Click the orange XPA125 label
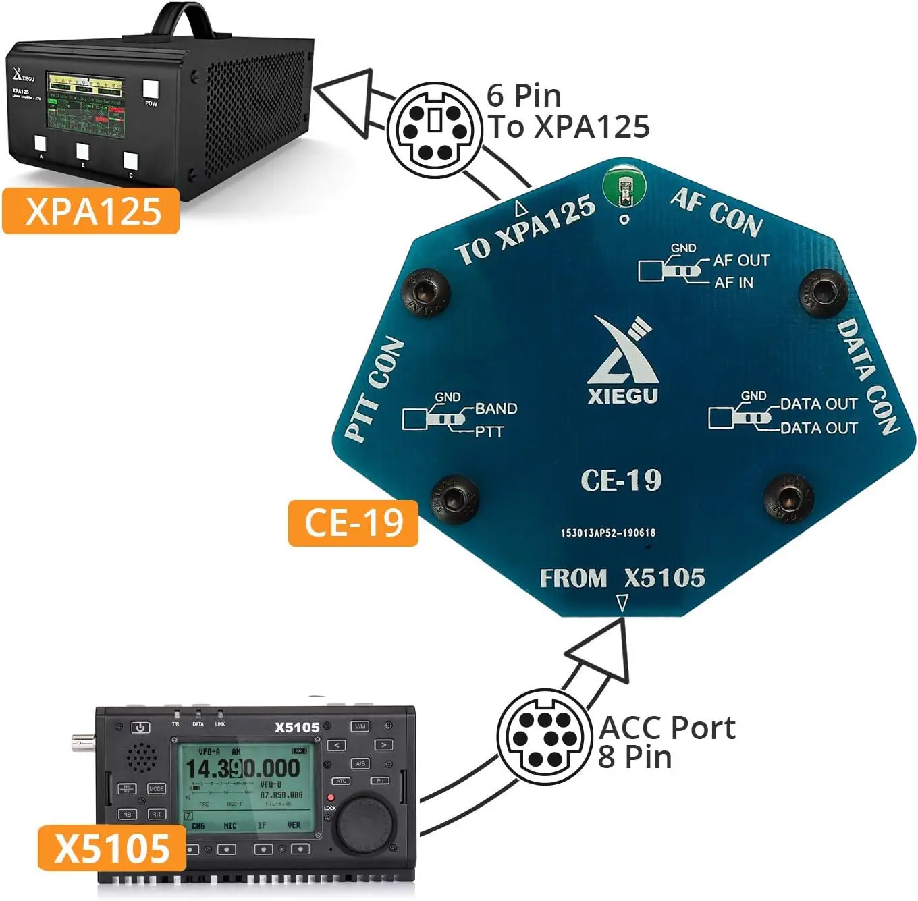pyautogui.click(x=90, y=211)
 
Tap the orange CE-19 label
pyautogui.click(x=353, y=522)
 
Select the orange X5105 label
pyautogui.click(x=111, y=848)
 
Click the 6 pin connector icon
pyautogui.click(x=434, y=130)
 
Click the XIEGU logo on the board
pyautogui.click(x=622, y=361)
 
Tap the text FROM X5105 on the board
pyautogui.click(x=622, y=578)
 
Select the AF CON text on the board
pyautogui.click(x=717, y=212)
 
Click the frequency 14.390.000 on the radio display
pyautogui.click(x=242, y=768)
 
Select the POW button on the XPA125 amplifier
pyautogui.click(x=151, y=90)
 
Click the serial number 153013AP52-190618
pyautogui.click(x=607, y=533)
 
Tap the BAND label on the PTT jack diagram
pyautogui.click(x=496, y=408)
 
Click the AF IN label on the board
pyautogui.click(x=734, y=282)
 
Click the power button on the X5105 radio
pyautogui.click(x=140, y=727)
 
